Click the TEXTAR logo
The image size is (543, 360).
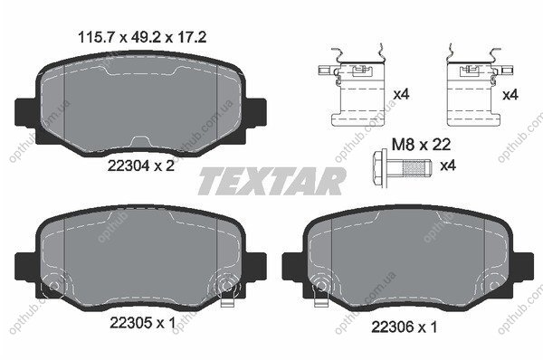pyautogui.click(x=271, y=181)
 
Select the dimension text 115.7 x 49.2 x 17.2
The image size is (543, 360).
pyautogui.click(x=142, y=37)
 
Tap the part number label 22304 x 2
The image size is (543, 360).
pyautogui.click(x=141, y=166)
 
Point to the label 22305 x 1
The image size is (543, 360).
pyautogui.click(x=143, y=323)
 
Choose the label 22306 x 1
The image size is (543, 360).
pyautogui.click(x=405, y=327)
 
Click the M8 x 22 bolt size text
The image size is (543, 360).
pyautogui.click(x=421, y=145)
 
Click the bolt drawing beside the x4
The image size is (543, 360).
pyautogui.click(x=402, y=168)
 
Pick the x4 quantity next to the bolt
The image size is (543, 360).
pyautogui.click(x=448, y=166)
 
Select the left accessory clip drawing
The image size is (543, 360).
pyautogui.click(x=351, y=87)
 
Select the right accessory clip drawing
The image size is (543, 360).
pyautogui.click(x=480, y=87)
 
